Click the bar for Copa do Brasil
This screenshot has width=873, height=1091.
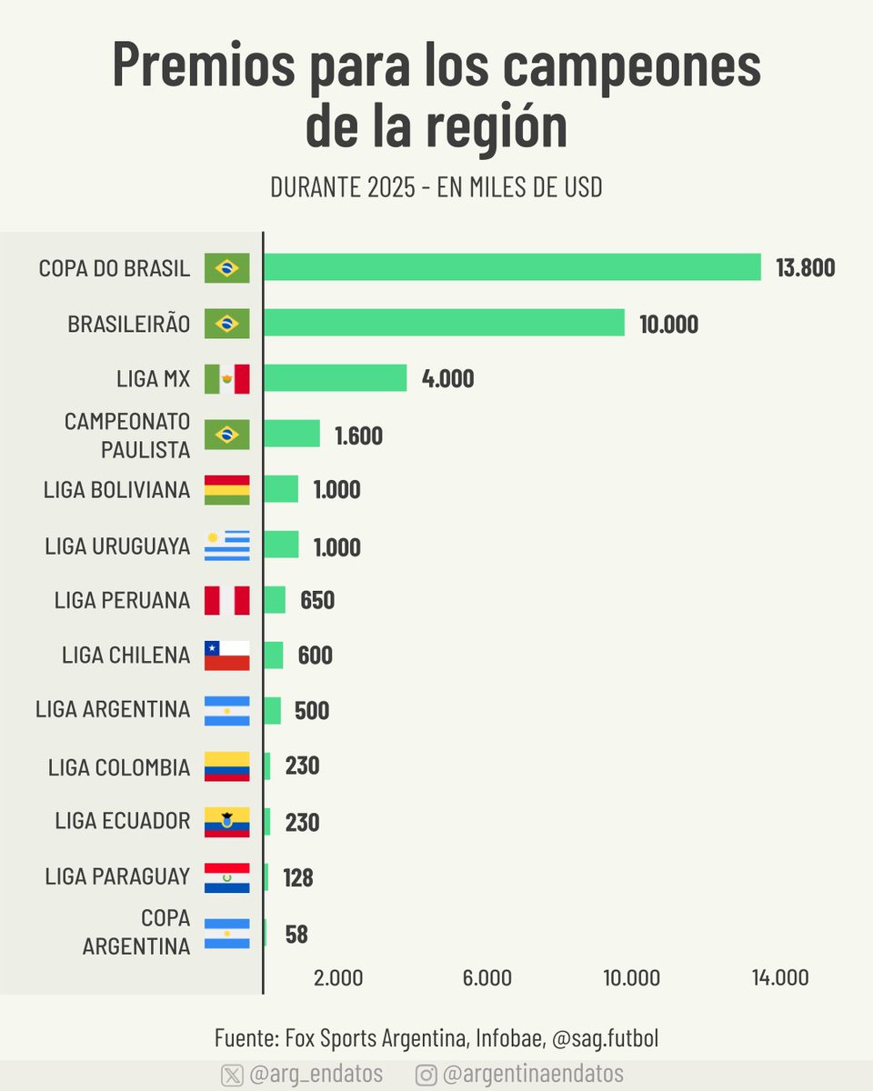coord(512,267)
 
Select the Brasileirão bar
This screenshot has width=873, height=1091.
coord(444,323)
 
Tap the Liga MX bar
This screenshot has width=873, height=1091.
coord(335,378)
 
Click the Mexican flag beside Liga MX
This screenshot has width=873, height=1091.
coord(226,378)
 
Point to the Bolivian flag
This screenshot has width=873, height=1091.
coord(226,489)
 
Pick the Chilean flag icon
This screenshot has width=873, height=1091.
coord(226,656)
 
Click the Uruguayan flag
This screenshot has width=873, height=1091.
coord(226,545)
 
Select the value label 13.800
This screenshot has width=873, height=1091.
coord(805,268)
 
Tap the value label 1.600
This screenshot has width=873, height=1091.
coord(358,435)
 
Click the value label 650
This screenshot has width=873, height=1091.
coord(317,601)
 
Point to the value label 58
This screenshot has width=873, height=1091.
coord(296,935)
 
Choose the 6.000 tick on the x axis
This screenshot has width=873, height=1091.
coord(487,978)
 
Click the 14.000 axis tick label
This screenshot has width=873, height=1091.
coord(779,978)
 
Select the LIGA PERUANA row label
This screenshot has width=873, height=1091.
coord(122,601)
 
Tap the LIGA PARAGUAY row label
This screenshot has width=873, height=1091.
coord(117,877)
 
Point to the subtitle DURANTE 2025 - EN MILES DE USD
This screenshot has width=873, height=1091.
coord(436,188)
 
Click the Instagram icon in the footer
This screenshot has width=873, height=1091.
coord(426,1075)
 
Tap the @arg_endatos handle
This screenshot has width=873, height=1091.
coord(316,1075)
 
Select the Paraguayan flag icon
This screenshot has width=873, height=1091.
coord(226,877)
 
